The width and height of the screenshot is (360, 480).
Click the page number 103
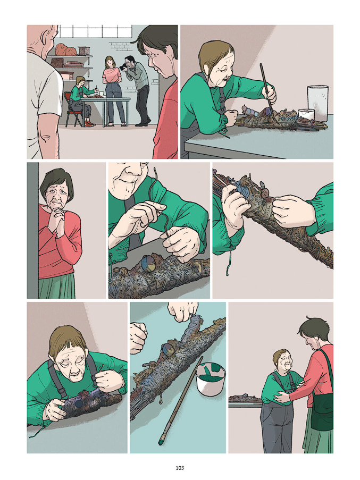tap(180, 468)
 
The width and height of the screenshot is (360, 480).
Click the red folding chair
tap(72, 110)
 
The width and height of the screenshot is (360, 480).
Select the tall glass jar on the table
tap(318, 103)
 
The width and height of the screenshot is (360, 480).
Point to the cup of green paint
tap(211, 378)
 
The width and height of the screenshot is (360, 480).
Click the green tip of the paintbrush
tap(161, 442)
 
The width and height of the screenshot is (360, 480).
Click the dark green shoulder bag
tap(322, 409)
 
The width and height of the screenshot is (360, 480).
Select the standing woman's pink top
tap(112, 75)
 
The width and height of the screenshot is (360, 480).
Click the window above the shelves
tap(95, 31)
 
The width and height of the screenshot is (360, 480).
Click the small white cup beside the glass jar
tap(306, 114)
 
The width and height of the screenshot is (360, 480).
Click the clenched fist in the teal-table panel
tap(138, 337)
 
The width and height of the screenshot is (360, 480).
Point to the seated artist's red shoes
tap(89, 123)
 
